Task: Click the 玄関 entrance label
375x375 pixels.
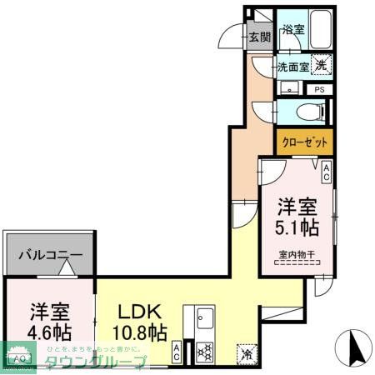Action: pos(260,37)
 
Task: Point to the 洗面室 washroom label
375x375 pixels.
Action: pos(292,67)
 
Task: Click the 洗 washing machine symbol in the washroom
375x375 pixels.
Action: pos(322,62)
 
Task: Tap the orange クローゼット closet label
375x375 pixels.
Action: pos(304,141)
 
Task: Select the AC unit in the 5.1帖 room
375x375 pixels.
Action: pos(327,172)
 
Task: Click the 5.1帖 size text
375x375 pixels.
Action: pos(297,226)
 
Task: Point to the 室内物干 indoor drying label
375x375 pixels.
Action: pos(296,256)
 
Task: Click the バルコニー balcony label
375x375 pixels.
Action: pos(50,257)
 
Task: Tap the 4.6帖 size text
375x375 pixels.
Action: pos(48,328)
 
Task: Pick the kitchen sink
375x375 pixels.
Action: pos(204,318)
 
